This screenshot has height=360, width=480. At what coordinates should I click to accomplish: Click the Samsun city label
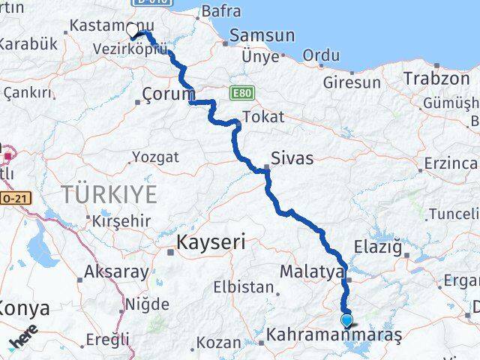pyautogui.click(x=262, y=35)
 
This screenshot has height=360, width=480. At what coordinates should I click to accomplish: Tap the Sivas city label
pyautogui.click(x=292, y=158)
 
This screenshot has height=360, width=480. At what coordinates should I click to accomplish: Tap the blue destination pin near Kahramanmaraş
pyautogui.click(x=346, y=322)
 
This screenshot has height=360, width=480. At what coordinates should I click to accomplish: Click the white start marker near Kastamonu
pyautogui.click(x=133, y=30)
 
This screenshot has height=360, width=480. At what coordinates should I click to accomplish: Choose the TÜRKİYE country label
pyautogui.click(x=109, y=195)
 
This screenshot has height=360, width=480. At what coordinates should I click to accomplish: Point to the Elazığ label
pyautogui.click(x=383, y=247)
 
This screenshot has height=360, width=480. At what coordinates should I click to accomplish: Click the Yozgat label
pyautogui.click(x=155, y=157)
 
